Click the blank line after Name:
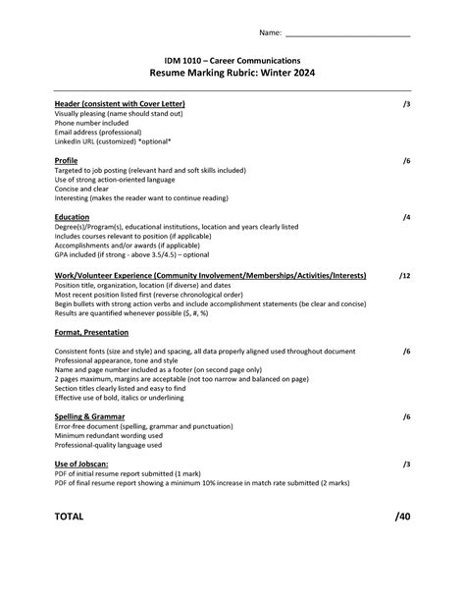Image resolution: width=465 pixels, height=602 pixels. point(347,33)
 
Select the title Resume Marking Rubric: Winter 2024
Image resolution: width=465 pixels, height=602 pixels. point(232,74)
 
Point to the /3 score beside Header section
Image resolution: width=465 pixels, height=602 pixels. point(406,103)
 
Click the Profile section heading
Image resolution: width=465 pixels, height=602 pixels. point(67,160)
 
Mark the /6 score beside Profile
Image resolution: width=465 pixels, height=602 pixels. point(406,160)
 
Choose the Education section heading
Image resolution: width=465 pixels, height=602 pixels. point(73,217)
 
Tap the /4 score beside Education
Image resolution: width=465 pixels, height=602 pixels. point(406,217)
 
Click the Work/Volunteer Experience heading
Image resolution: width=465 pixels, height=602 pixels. point(211,276)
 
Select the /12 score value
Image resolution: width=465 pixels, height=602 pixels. point(404,276)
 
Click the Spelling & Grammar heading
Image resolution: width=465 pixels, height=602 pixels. point(89,416)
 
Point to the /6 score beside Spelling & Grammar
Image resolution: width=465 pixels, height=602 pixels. point(406,416)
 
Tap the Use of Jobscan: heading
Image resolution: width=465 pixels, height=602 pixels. point(81,464)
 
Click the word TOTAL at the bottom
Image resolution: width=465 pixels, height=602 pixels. point(70,516)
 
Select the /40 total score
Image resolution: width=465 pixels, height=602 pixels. point(402,516)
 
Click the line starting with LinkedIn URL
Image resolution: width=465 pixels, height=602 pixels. point(113,141)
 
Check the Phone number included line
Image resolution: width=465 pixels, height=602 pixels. point(98,123)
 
